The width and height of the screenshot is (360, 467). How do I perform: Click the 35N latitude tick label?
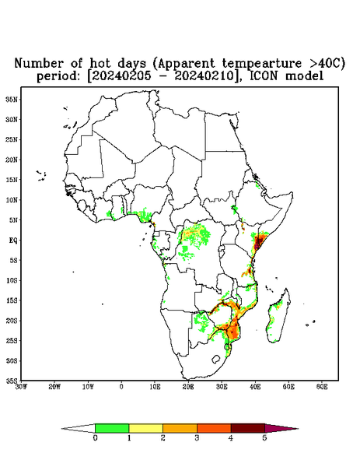[x=12, y=99]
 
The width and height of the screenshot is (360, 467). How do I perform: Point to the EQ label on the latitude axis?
[x=13, y=240]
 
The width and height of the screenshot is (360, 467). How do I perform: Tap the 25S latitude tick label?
[x=12, y=340]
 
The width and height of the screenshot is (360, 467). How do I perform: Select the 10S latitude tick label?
[x=12, y=280]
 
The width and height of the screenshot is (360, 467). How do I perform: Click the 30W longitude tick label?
[x=21, y=387]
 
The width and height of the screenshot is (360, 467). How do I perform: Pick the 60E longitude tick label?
[x=322, y=387]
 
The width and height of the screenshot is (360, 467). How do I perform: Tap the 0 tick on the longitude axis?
[x=121, y=387]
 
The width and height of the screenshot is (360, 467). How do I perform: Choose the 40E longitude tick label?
[x=255, y=387]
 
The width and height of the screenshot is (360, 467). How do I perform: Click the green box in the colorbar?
[x=112, y=428]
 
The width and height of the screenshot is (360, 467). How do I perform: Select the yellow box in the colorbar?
[x=145, y=428]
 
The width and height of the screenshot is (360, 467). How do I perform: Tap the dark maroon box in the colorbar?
[x=248, y=428]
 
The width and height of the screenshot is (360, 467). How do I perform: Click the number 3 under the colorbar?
[x=197, y=438]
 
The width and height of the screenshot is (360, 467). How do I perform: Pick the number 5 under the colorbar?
[x=264, y=438]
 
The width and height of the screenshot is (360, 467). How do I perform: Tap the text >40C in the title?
[x=327, y=63]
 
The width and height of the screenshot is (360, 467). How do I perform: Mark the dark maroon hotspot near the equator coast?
[x=258, y=242]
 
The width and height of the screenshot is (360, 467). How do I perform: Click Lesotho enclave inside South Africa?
[x=216, y=359]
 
